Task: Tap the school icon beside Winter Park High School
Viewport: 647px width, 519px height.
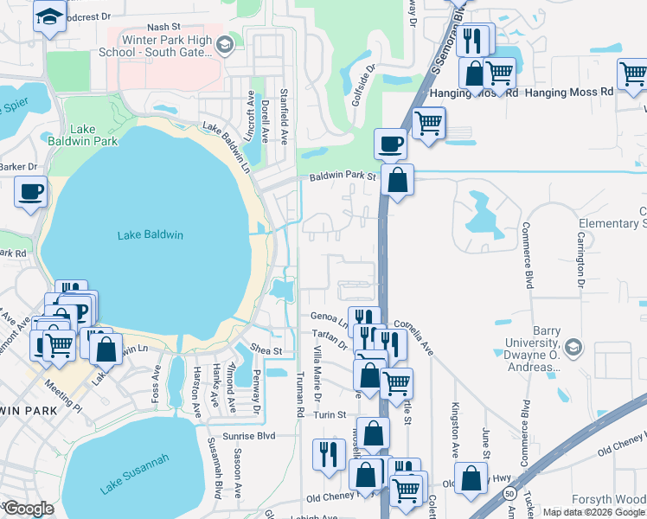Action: (x=224, y=44)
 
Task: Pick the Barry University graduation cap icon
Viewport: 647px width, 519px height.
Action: (x=573, y=348)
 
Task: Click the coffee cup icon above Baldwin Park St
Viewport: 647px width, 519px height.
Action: (x=390, y=142)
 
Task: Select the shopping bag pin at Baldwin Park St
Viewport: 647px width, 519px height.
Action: (x=397, y=181)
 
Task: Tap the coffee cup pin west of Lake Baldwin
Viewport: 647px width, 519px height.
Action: (x=31, y=191)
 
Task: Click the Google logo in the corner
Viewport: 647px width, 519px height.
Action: (x=28, y=509)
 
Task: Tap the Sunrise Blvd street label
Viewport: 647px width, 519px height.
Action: (x=248, y=436)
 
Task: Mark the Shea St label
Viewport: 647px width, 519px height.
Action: (x=266, y=350)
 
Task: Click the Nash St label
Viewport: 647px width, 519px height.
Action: (x=163, y=28)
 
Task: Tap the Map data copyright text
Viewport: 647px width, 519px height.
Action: (x=593, y=512)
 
